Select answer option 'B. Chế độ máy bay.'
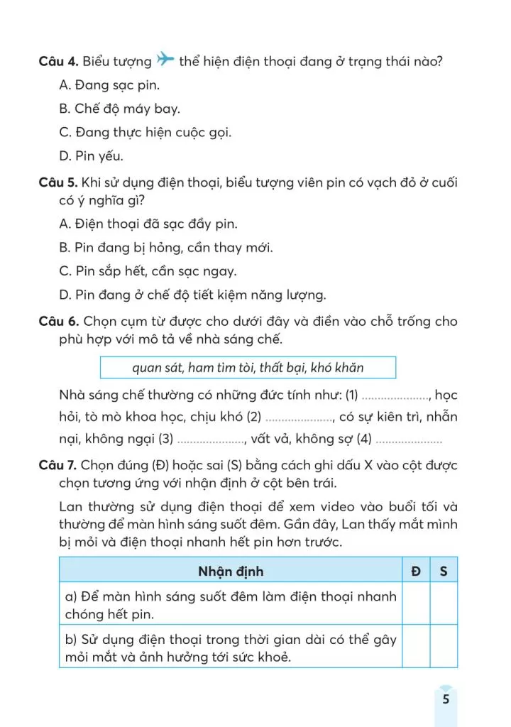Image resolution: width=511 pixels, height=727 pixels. coord(120,109)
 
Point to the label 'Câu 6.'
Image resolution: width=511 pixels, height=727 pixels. coord(58,322)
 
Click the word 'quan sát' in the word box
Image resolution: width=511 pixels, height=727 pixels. coord(156,368)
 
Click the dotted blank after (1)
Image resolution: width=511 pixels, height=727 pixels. coord(395,395)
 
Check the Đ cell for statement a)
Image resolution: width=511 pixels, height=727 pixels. coord(415,604)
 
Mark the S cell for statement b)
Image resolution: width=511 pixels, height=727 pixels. coord(444,647)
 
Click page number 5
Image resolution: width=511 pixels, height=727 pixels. coord(445,699)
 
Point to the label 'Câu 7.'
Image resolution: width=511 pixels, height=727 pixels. coord(58,464)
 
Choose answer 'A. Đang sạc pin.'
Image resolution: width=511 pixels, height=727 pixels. coord(110,85)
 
